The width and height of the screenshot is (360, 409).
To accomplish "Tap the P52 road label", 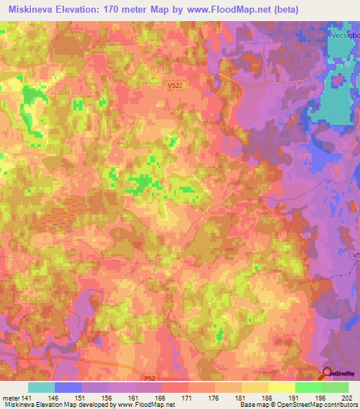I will [x=148, y=377].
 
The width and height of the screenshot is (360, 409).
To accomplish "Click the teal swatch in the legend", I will [x=41, y=387].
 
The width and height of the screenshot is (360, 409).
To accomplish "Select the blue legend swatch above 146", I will [x=68, y=387].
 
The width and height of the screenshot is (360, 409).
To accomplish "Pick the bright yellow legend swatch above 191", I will [x=282, y=387].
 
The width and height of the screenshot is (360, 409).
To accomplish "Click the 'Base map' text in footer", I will [x=247, y=405].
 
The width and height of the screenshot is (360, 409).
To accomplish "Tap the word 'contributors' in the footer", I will [x=341, y=405].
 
